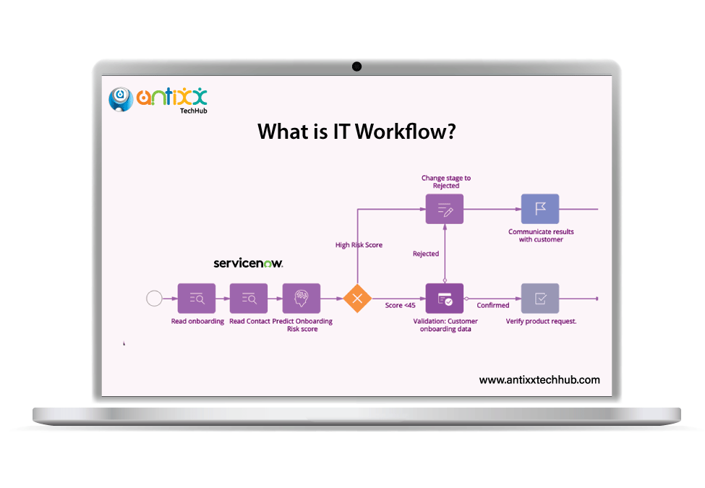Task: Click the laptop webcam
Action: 356,67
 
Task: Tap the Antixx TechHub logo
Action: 158,99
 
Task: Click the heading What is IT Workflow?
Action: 356,132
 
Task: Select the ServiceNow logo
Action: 248,263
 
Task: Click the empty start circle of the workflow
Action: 154,298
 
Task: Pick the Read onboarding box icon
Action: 197,298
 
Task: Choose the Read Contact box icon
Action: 249,298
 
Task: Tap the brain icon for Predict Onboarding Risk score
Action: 301,298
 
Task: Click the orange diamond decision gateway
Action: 356,298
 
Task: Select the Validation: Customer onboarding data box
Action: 445,298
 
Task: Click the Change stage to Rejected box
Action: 445,209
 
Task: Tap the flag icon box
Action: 540,209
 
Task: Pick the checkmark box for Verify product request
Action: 540,298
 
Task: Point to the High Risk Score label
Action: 359,245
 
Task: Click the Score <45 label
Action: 400,306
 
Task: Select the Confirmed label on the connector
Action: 493,306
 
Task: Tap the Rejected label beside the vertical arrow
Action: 426,254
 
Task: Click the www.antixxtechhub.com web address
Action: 539,380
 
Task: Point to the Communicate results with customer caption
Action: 541,236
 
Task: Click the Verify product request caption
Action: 541,321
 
